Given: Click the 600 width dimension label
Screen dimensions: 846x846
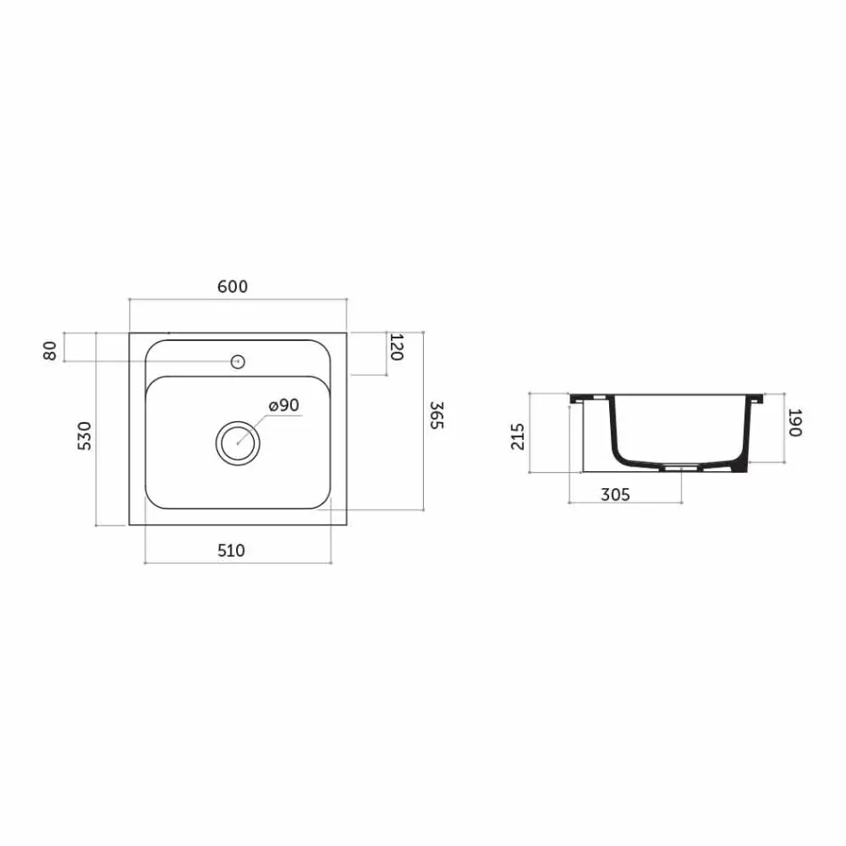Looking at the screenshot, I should coord(232,287).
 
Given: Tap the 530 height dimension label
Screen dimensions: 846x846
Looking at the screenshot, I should coord(85,436).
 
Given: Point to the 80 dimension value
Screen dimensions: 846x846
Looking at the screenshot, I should coord(50,350).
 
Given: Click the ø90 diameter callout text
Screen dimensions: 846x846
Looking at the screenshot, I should coord(282,405).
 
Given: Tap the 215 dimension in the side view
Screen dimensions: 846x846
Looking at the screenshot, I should coord(519,436).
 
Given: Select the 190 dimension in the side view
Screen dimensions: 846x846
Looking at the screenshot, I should coord(795,423).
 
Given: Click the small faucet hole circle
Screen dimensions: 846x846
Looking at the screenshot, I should coord(238,362).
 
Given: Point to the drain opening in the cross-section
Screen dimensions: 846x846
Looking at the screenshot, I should coord(683,466).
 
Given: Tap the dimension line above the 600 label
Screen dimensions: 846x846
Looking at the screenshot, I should coord(238,298).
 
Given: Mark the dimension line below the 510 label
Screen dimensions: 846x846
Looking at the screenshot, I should coord(238,563).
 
